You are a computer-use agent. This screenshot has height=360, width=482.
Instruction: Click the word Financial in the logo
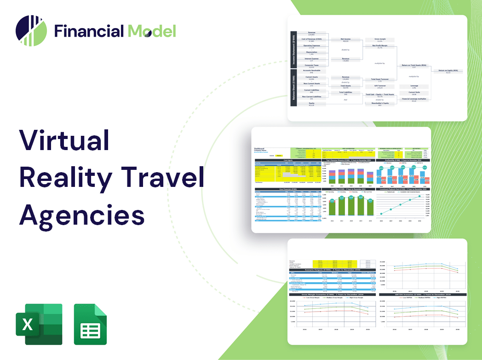(x=89, y=31)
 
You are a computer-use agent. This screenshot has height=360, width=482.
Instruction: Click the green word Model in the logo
(x=152, y=31)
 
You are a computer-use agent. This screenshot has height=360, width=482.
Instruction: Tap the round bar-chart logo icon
(x=31, y=31)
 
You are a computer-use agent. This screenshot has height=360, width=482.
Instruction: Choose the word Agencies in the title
(x=81, y=214)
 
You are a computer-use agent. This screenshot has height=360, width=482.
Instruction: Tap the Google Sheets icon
(x=91, y=324)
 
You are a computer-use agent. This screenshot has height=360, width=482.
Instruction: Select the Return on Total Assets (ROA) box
(x=413, y=66)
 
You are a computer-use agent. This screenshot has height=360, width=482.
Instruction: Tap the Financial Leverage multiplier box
(x=413, y=99)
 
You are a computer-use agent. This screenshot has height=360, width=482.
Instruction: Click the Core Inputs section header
(x=288, y=160)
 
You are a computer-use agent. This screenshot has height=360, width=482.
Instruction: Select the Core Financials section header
(x=288, y=189)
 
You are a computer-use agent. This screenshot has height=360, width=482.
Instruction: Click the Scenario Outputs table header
(x=331, y=270)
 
